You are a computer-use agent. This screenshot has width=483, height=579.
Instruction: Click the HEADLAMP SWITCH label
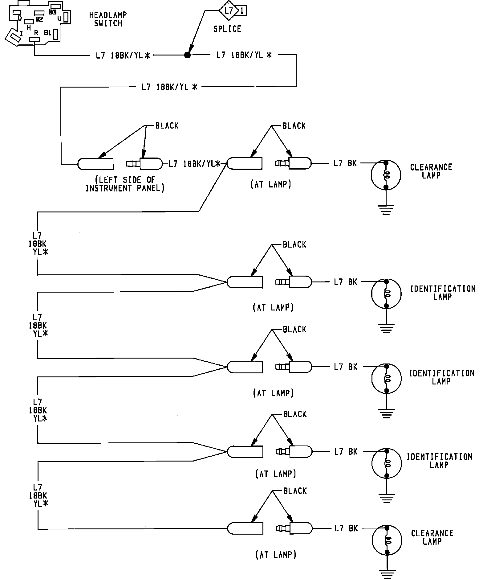108,19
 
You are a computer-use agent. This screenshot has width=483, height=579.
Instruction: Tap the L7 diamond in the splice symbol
229,11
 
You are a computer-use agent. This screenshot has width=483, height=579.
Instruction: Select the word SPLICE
227,29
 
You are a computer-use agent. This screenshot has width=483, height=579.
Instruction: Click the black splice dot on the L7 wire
187,55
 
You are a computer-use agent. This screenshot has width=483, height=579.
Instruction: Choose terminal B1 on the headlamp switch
55,34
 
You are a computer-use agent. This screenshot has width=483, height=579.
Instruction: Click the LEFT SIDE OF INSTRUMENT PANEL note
125,184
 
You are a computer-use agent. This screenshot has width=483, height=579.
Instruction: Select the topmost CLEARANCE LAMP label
431,171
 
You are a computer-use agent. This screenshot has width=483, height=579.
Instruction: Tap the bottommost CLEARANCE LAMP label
432,537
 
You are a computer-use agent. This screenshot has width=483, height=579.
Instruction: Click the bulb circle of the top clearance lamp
386,175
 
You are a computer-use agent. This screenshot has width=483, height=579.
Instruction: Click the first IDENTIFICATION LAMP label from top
443,293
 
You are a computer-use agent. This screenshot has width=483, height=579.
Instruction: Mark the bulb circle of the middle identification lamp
387,378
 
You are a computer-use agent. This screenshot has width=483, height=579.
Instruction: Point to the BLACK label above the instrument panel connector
167,126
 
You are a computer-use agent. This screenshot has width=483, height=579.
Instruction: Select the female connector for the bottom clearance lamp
245,528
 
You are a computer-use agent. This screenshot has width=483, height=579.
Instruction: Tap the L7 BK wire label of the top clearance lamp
345,163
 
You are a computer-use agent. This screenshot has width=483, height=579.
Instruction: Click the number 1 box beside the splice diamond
242,11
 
